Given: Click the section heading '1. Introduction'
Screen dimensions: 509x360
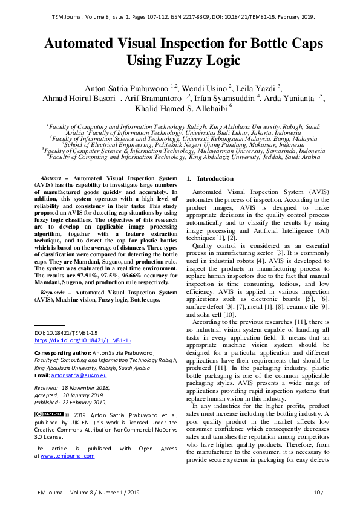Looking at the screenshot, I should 209,179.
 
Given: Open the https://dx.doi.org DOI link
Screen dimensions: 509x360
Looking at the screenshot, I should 75,340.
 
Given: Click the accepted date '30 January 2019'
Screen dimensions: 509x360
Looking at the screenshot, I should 87,394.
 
